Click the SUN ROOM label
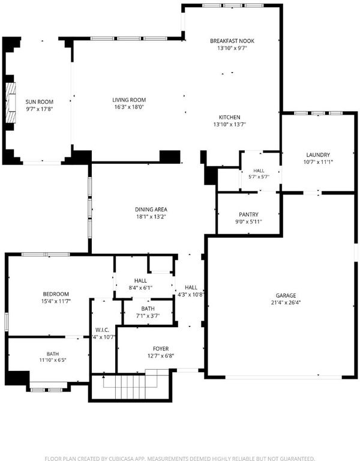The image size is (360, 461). click(x=40, y=102)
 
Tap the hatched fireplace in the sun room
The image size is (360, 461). click(x=11, y=103)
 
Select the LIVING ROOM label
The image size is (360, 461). click(x=129, y=100)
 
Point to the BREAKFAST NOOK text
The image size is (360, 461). click(x=232, y=41)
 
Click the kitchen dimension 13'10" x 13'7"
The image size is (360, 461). click(x=230, y=124)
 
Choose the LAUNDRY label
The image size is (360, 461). click(x=318, y=155)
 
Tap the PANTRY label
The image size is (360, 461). click(x=248, y=215)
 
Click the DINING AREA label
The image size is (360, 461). click(x=151, y=209)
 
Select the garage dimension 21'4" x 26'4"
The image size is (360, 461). click(x=286, y=303)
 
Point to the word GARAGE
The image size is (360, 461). click(x=286, y=295)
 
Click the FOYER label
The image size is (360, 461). click(x=161, y=349)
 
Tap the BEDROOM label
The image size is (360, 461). click(x=56, y=294)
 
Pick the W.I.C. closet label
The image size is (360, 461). click(x=102, y=330)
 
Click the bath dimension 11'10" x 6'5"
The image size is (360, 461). click(x=53, y=360)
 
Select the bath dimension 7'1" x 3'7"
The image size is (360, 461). click(x=148, y=316)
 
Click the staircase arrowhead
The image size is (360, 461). click(x=103, y=376)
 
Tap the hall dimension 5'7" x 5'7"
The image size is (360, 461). click(x=259, y=176)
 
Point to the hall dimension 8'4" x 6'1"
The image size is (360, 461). click(x=140, y=288)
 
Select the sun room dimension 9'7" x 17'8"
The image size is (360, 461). click(x=40, y=109)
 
